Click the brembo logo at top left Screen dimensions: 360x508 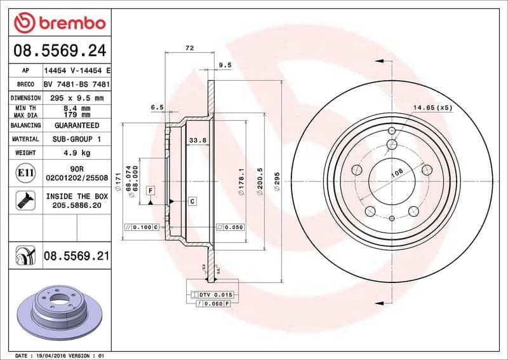click(58, 24)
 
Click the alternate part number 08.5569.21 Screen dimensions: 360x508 click(76, 256)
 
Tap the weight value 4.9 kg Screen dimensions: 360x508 click(76, 153)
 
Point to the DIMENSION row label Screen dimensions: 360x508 click(26, 98)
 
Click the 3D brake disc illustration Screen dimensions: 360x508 click(56, 310)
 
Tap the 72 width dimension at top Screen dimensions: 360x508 click(189, 48)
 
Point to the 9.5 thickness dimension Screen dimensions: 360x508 click(224, 65)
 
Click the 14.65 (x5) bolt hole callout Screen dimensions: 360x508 click(432, 108)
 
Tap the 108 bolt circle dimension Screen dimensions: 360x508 click(396, 172)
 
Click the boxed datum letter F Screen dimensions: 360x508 click(150, 190)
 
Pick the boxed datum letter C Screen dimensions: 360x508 click(191, 201)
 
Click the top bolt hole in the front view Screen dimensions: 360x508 click(392, 131)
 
